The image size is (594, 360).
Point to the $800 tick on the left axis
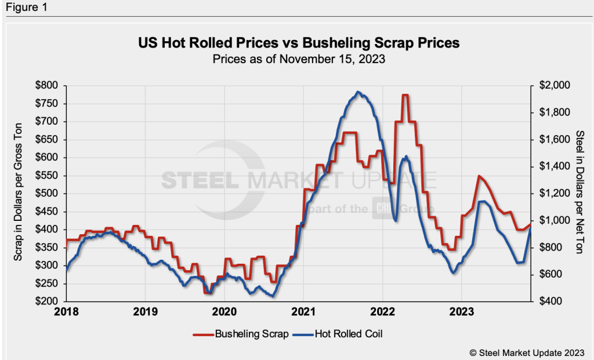[x=47, y=85]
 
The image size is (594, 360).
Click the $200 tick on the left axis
[x=47, y=301]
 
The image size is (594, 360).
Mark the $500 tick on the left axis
[x=47, y=194]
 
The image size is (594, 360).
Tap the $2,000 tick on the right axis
[x=555, y=85]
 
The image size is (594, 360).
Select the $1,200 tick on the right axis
[x=555, y=194]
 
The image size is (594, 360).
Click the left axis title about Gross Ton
[x=17, y=193]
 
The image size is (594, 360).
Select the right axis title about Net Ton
[x=579, y=193]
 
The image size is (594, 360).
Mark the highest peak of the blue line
[x=358, y=92]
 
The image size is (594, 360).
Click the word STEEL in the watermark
[x=199, y=180]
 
